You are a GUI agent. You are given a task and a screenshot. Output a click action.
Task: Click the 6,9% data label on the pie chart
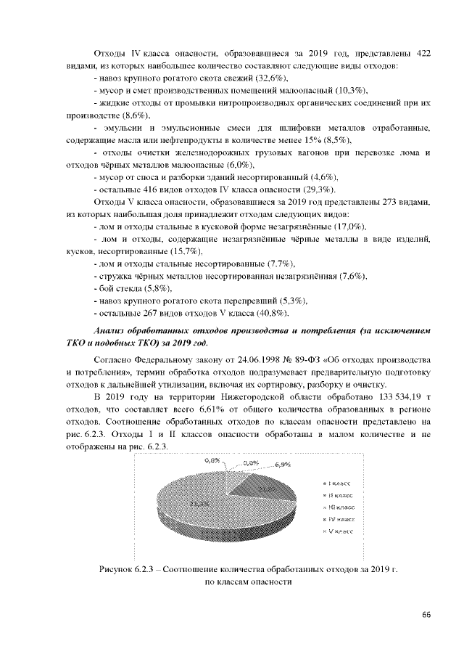pyautogui.click(x=283, y=465)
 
